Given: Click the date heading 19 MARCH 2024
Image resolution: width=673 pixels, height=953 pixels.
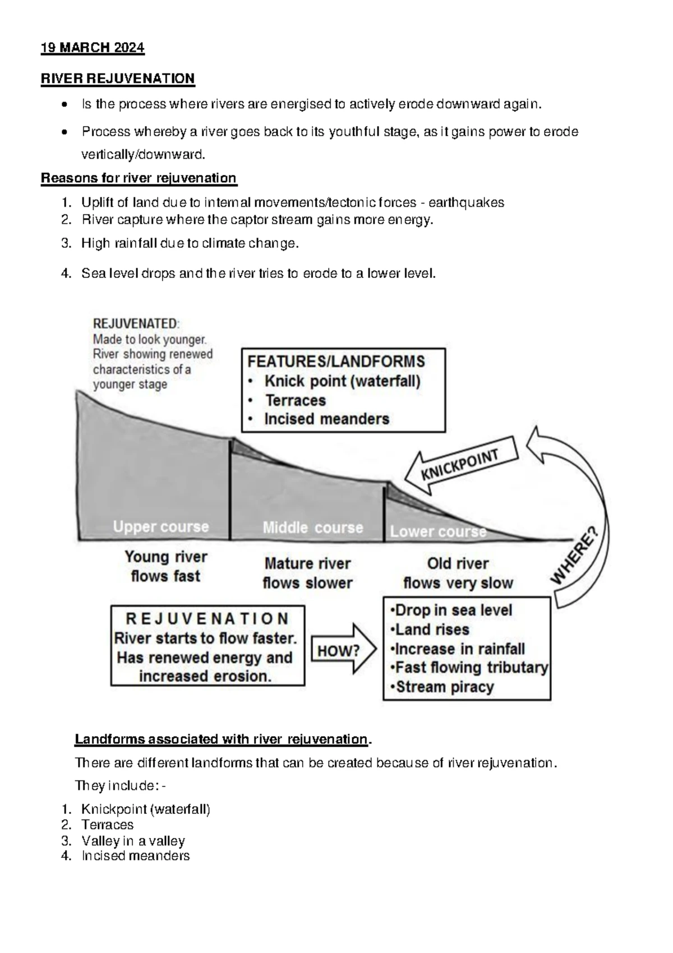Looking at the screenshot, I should (x=93, y=48).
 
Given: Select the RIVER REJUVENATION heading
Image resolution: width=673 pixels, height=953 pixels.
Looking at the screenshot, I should (x=118, y=78).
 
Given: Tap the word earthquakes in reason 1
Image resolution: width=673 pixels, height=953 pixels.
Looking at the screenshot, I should (x=466, y=202).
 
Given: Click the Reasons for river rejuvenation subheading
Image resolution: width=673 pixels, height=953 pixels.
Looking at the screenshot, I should (x=139, y=178).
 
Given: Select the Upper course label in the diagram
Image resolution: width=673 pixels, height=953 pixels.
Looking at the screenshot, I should (x=161, y=527).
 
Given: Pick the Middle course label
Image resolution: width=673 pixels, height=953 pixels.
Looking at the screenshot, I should (x=313, y=528).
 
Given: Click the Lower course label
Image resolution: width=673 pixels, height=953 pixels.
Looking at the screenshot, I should (x=438, y=531).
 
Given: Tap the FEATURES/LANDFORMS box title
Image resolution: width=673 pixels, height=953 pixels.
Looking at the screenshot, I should (x=336, y=362).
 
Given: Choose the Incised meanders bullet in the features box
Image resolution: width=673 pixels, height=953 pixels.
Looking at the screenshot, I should (x=326, y=419).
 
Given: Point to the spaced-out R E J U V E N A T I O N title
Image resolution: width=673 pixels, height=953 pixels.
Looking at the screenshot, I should (x=207, y=619).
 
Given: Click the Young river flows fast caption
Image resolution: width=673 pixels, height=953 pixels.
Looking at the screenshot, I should (x=165, y=566).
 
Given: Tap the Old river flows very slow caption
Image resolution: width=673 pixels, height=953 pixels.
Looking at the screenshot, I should (x=458, y=573).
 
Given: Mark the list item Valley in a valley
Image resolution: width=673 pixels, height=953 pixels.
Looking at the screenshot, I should (x=133, y=841).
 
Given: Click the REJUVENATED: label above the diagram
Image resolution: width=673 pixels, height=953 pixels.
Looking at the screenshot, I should (x=136, y=323).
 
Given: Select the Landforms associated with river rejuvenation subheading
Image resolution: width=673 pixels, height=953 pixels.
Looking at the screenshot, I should (x=222, y=739).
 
